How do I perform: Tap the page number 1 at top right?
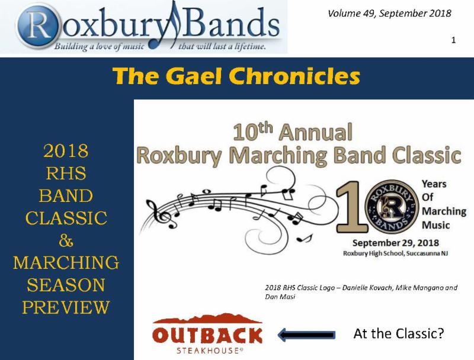pyautogui.click(x=453, y=40)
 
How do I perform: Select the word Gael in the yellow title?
pyautogui.click(x=194, y=76)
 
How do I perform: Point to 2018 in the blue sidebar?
pyautogui.click(x=66, y=151)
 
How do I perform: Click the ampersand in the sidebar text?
pyautogui.click(x=66, y=241)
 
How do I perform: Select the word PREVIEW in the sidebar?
pyautogui.click(x=66, y=307)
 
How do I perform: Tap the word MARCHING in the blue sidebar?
pyautogui.click(x=66, y=263)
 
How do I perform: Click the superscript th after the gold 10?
pyautogui.click(x=265, y=127)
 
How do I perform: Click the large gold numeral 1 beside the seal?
pyautogui.click(x=351, y=207)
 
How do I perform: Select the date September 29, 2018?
pyautogui.click(x=396, y=243)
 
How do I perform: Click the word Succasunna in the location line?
pyautogui.click(x=423, y=253)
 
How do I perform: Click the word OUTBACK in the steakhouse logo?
pyautogui.click(x=207, y=336)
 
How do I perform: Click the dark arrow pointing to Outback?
pyautogui.click(x=306, y=335)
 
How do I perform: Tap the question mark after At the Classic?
pyautogui.click(x=440, y=333)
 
